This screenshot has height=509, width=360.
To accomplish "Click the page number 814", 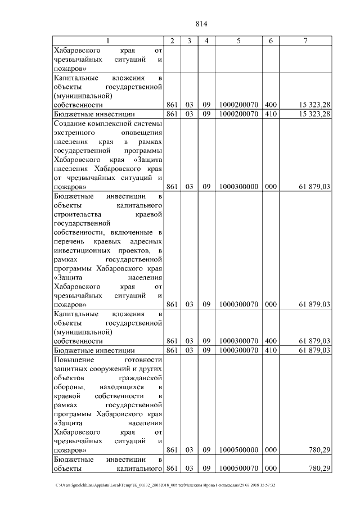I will point(202,24).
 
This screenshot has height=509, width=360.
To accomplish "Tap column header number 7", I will point(305,41).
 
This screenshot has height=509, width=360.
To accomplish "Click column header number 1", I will point(109,41).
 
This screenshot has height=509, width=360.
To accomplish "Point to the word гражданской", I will point(142,377).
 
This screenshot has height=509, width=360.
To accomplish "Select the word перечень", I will point(67,241).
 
